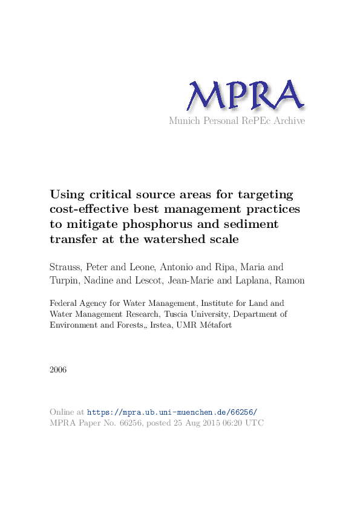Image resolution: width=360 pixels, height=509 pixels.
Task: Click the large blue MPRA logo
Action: click(x=244, y=96)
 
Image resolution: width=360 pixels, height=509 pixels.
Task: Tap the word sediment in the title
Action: click(x=250, y=224)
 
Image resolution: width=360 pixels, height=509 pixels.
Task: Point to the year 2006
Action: click(x=59, y=369)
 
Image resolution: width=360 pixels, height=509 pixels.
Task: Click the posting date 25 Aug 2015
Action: click(x=182, y=423)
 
